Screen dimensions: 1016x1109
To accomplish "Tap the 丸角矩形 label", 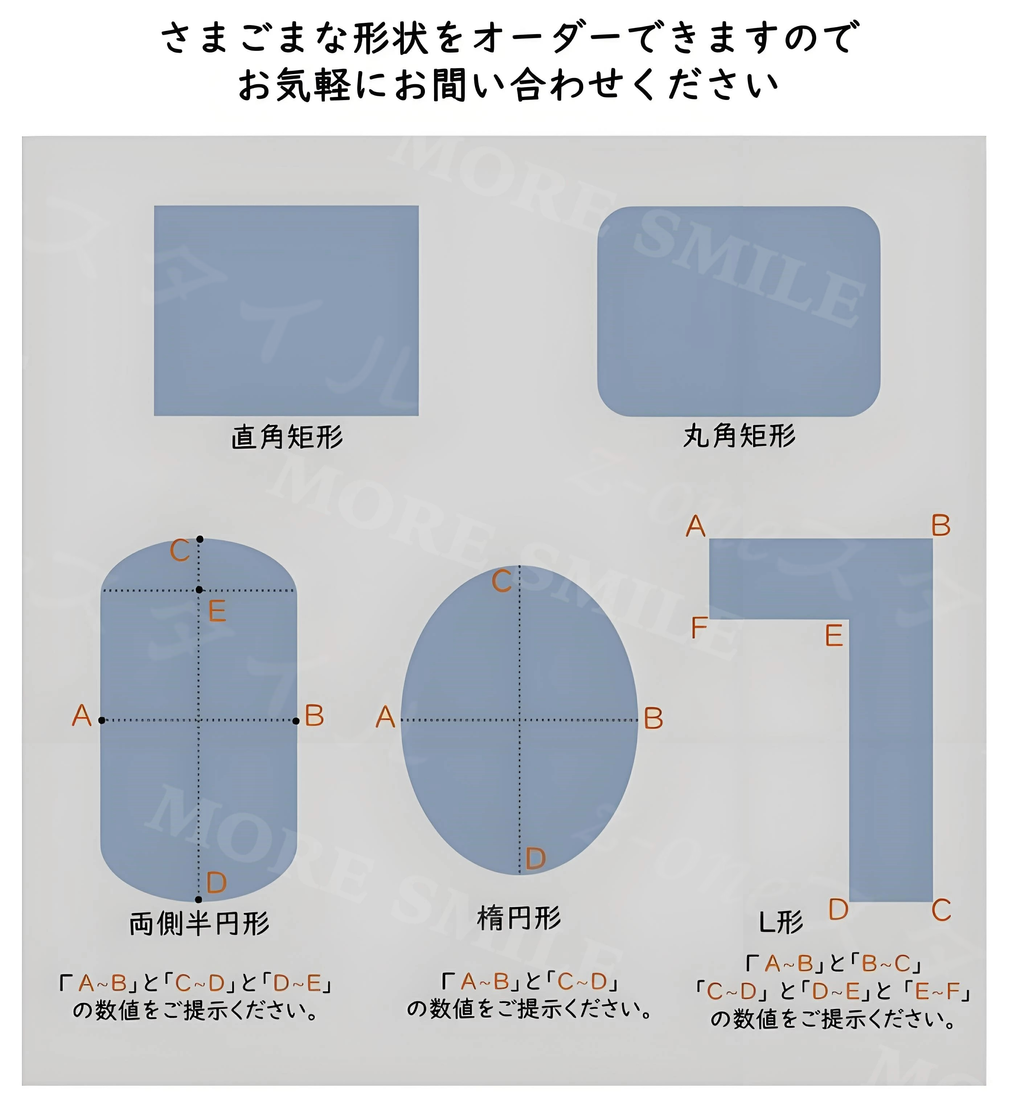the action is [x=739, y=436].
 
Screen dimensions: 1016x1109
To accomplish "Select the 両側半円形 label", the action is [x=200, y=924].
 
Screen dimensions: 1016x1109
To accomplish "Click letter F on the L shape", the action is [x=698, y=628].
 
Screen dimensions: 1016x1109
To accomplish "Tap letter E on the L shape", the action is [x=834, y=636].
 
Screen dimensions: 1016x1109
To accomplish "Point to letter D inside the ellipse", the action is [x=535, y=859].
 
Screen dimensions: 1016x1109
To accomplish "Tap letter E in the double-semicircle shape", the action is [x=217, y=611].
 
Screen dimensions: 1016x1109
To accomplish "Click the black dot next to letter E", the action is [x=199, y=590].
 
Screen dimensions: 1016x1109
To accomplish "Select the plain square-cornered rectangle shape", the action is [x=286, y=311].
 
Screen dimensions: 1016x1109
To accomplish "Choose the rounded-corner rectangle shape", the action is [x=739, y=311].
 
